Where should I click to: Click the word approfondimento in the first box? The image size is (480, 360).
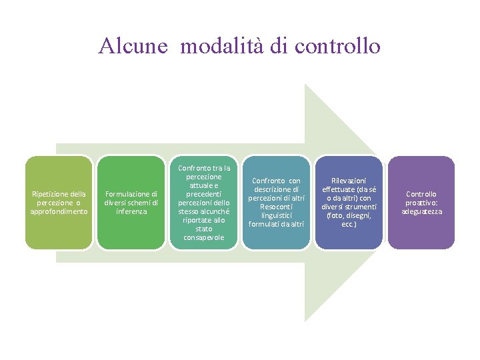click(x=59, y=211)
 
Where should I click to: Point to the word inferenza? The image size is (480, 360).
click(x=131, y=211)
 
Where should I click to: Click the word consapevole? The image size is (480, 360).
click(x=204, y=237)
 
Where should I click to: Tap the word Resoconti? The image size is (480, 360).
click(x=276, y=207)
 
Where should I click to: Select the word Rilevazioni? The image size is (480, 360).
click(x=349, y=180)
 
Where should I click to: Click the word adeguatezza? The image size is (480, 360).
click(x=421, y=211)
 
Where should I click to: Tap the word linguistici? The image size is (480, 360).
click(x=276, y=215)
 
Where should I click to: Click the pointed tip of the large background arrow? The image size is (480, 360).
click(x=419, y=202)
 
